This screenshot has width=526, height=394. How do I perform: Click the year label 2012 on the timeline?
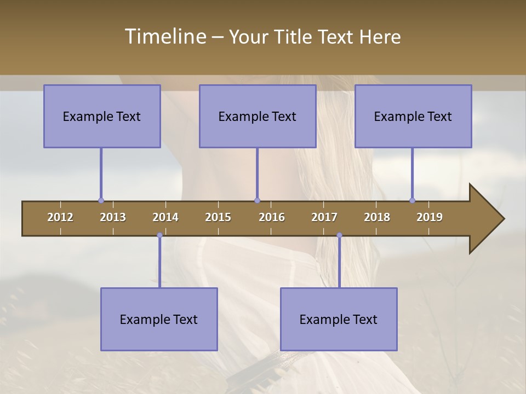click(x=60, y=217)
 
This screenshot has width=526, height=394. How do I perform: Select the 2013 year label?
click(x=113, y=217)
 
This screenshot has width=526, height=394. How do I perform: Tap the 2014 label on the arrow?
click(x=165, y=217)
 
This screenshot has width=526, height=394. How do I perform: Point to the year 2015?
click(x=218, y=217)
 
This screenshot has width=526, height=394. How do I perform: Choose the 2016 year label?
click(x=272, y=217)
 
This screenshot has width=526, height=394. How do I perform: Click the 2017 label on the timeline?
click(x=324, y=217)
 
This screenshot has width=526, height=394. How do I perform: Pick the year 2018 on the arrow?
click(x=377, y=217)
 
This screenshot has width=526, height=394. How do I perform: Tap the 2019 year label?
click(x=430, y=217)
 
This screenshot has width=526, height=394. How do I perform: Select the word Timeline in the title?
click(x=164, y=37)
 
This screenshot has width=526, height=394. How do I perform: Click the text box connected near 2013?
click(x=102, y=116)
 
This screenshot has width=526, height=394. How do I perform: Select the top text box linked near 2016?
click(x=258, y=116)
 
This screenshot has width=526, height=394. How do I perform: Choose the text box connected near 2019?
click(x=413, y=116)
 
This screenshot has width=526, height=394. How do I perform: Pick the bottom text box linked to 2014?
click(x=159, y=319)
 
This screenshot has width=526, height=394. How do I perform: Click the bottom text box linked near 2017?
click(x=339, y=319)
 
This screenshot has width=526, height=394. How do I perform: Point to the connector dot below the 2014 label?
click(x=159, y=235)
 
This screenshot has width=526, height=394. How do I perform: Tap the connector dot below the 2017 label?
click(x=339, y=235)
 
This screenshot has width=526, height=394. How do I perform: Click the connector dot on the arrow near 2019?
click(x=412, y=200)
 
